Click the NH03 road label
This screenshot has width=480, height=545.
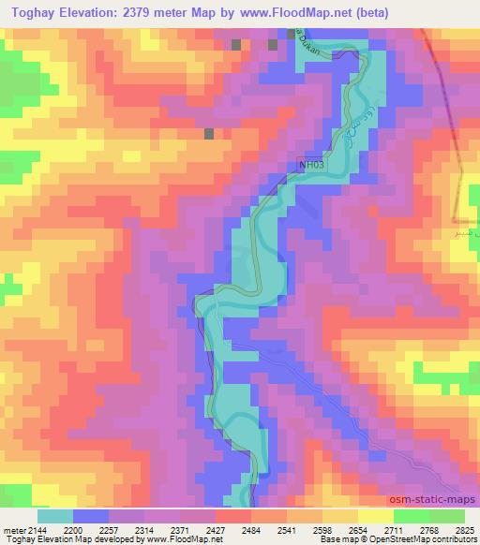311,165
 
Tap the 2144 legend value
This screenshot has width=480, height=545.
37,530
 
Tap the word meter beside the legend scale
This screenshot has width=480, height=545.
13,530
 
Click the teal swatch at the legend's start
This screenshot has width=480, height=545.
55,516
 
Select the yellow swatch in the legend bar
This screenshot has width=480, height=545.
375,516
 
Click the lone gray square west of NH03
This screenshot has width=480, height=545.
208,134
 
